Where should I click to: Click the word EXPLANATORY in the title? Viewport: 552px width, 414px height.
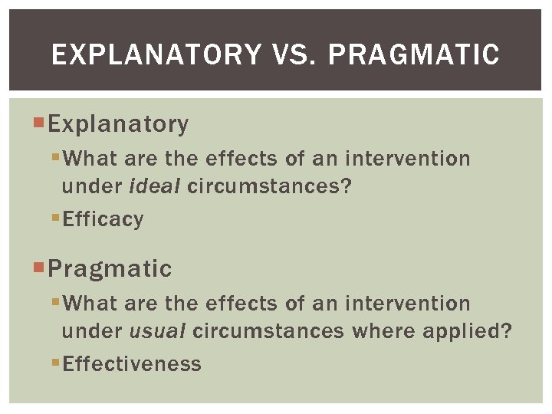click(x=156, y=54)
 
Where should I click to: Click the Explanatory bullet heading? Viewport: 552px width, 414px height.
click(x=118, y=123)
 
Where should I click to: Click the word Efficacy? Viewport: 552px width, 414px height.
click(x=103, y=219)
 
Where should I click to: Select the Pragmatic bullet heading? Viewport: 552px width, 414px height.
click(x=110, y=269)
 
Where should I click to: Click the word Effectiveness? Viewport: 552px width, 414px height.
click(x=132, y=364)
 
